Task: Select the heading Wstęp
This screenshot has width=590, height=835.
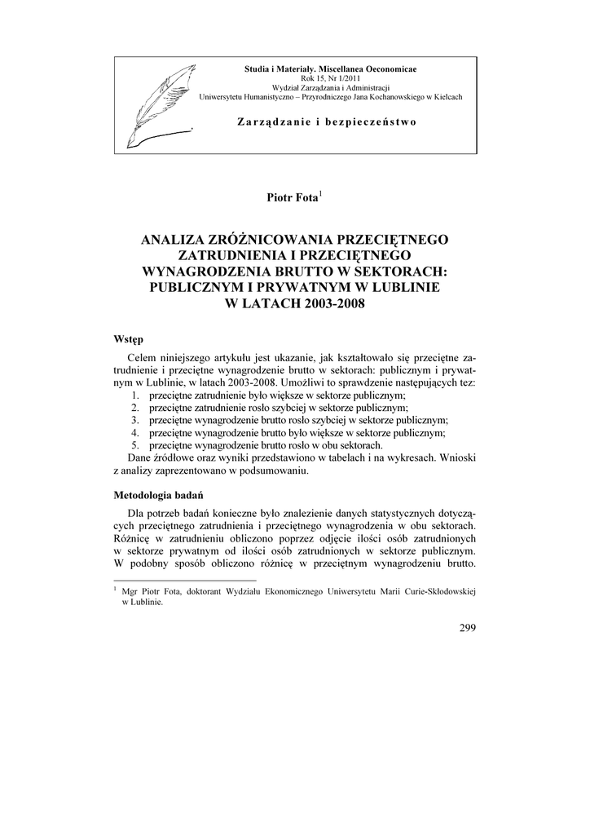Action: coord(130,338)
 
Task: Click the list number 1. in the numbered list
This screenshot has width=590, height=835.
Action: coord(135,394)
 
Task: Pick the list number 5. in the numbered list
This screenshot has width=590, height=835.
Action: coord(135,445)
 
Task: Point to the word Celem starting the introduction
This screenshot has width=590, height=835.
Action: coord(144,359)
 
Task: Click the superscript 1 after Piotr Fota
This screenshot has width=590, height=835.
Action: coord(322,193)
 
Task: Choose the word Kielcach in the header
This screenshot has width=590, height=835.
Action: coord(444,96)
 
